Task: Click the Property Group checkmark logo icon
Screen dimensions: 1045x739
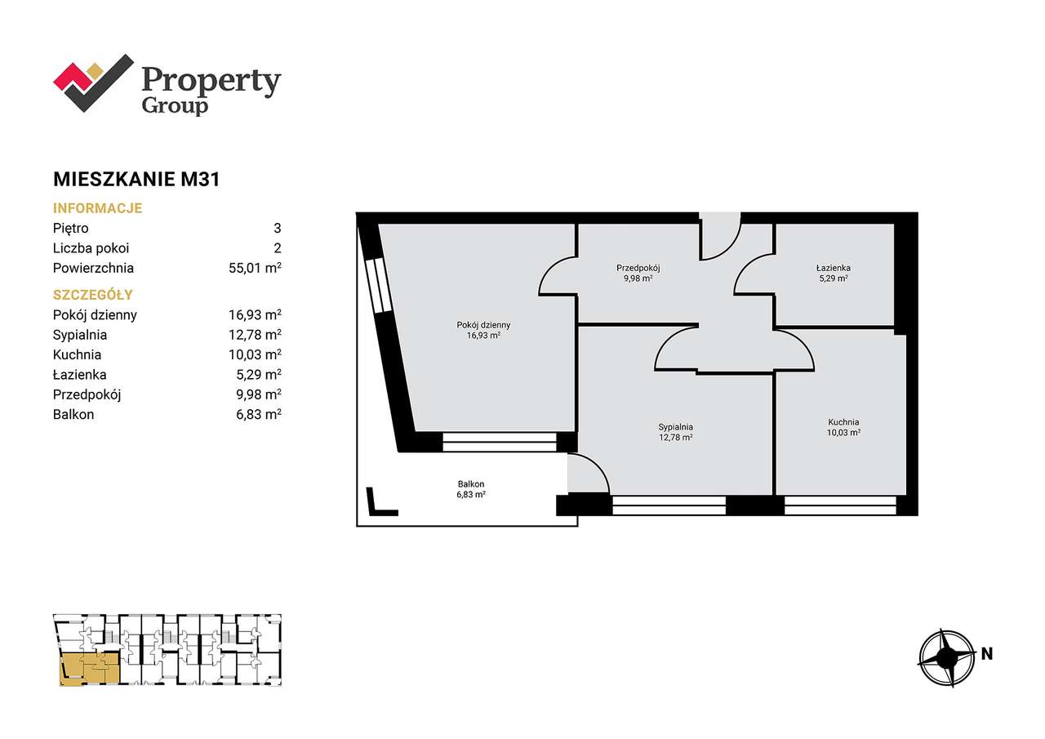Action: point(93,83)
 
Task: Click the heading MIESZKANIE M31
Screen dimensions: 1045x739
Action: point(136,180)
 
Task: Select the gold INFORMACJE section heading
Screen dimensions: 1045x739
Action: point(97,208)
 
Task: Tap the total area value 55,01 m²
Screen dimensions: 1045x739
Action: point(255,268)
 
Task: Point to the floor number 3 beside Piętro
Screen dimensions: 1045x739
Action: point(278,228)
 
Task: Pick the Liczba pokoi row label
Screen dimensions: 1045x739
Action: point(91,248)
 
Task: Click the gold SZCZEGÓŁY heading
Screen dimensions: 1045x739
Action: point(93,295)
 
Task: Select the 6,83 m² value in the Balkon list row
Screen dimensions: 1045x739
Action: point(259,414)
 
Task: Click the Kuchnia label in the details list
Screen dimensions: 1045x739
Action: point(77,354)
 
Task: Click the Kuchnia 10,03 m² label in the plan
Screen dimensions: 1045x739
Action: point(843,427)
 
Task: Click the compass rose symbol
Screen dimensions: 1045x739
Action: point(947,658)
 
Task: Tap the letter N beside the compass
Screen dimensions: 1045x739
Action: point(987,654)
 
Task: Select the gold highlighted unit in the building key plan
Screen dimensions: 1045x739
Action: point(90,670)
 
